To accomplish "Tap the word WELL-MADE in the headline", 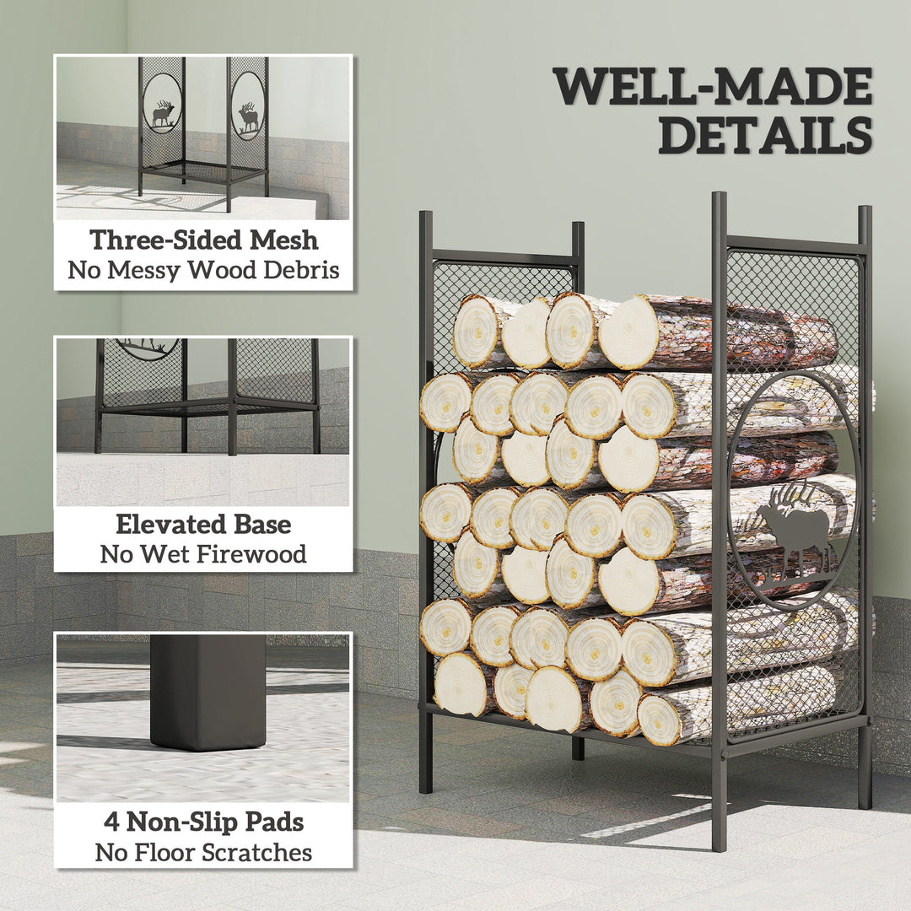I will (713, 86).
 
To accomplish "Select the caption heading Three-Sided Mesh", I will (203, 240).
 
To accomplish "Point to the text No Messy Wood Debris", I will (203, 270).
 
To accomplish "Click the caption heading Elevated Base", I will (203, 524).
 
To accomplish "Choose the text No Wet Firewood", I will (203, 554).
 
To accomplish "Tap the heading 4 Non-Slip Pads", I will (203, 822).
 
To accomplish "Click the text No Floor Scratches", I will (203, 852).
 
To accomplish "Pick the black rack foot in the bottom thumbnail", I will (208, 692).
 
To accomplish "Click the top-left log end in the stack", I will (477, 332).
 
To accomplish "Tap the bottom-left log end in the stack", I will (461, 684).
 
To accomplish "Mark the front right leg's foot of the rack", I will (719, 839).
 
